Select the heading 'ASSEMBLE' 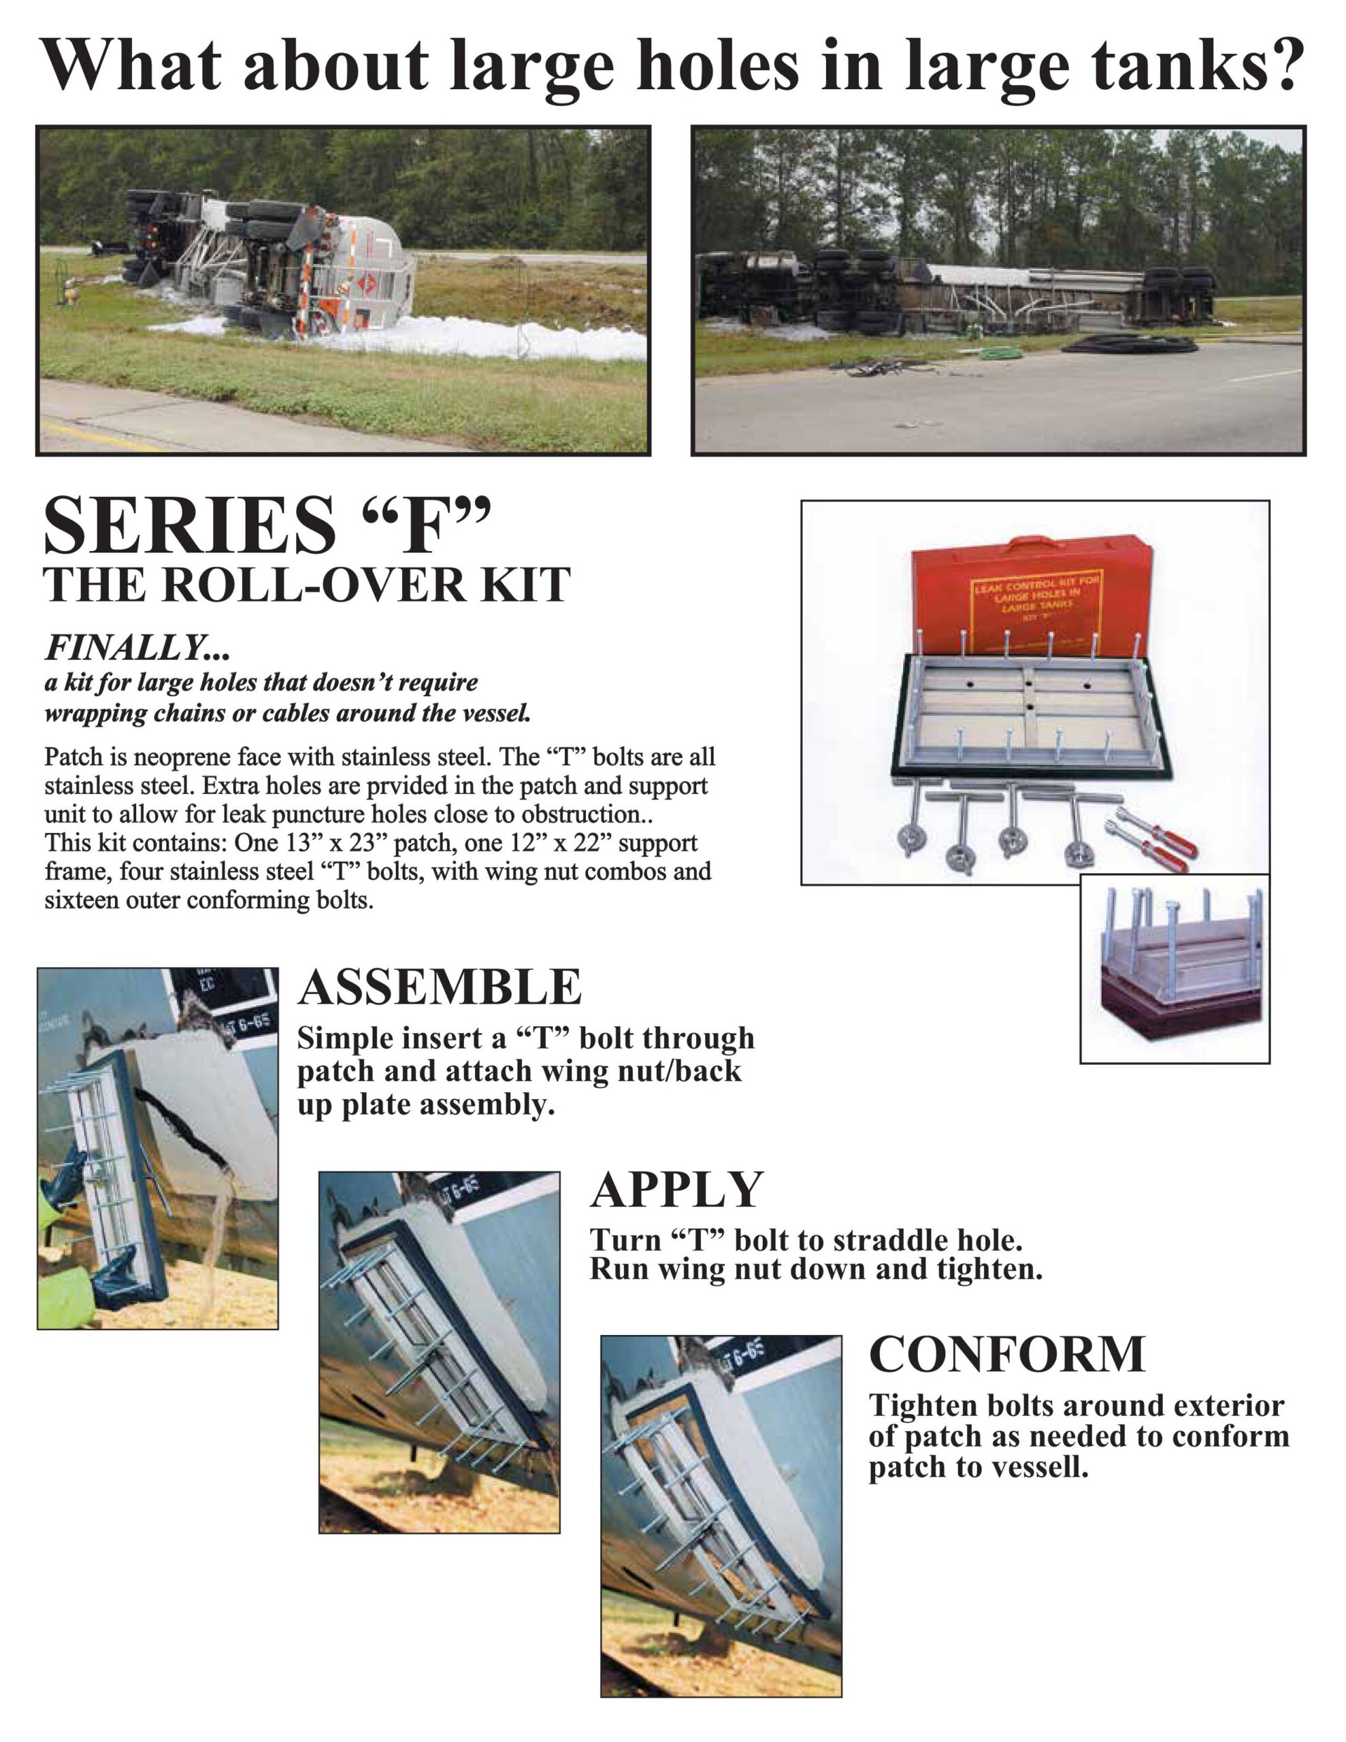click(x=440, y=987)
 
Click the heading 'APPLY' click(x=676, y=1190)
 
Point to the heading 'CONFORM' click(x=1007, y=1354)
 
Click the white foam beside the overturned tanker click(x=478, y=335)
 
